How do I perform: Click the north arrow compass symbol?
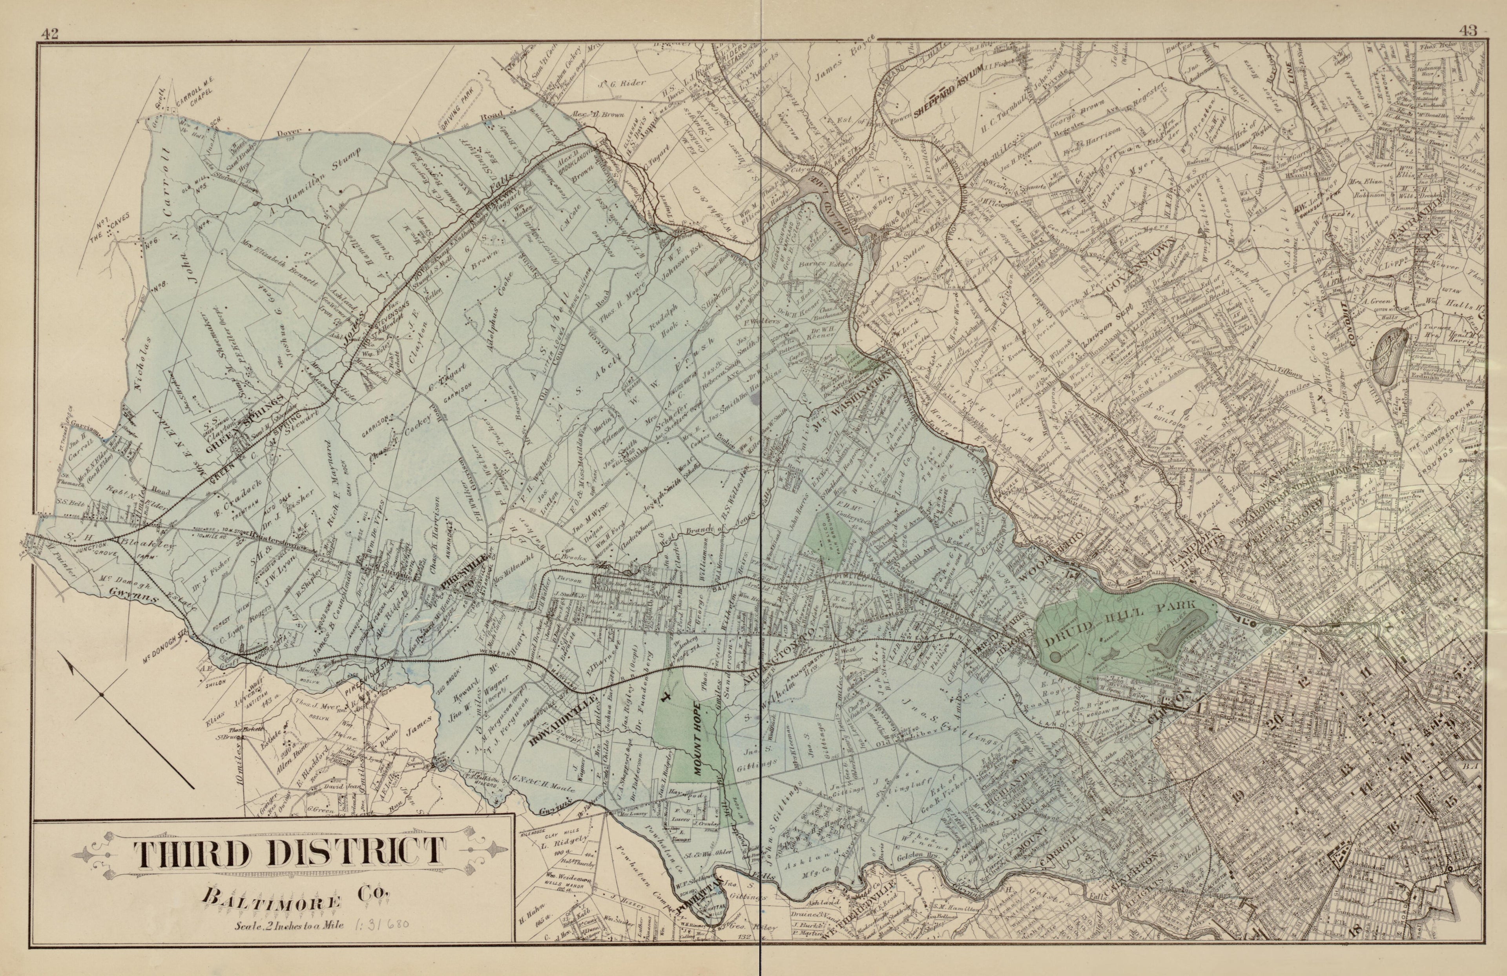(101, 696)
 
